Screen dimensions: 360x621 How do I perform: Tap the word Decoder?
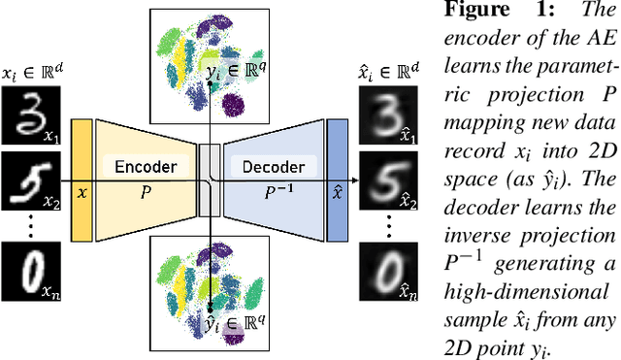point(272,166)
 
